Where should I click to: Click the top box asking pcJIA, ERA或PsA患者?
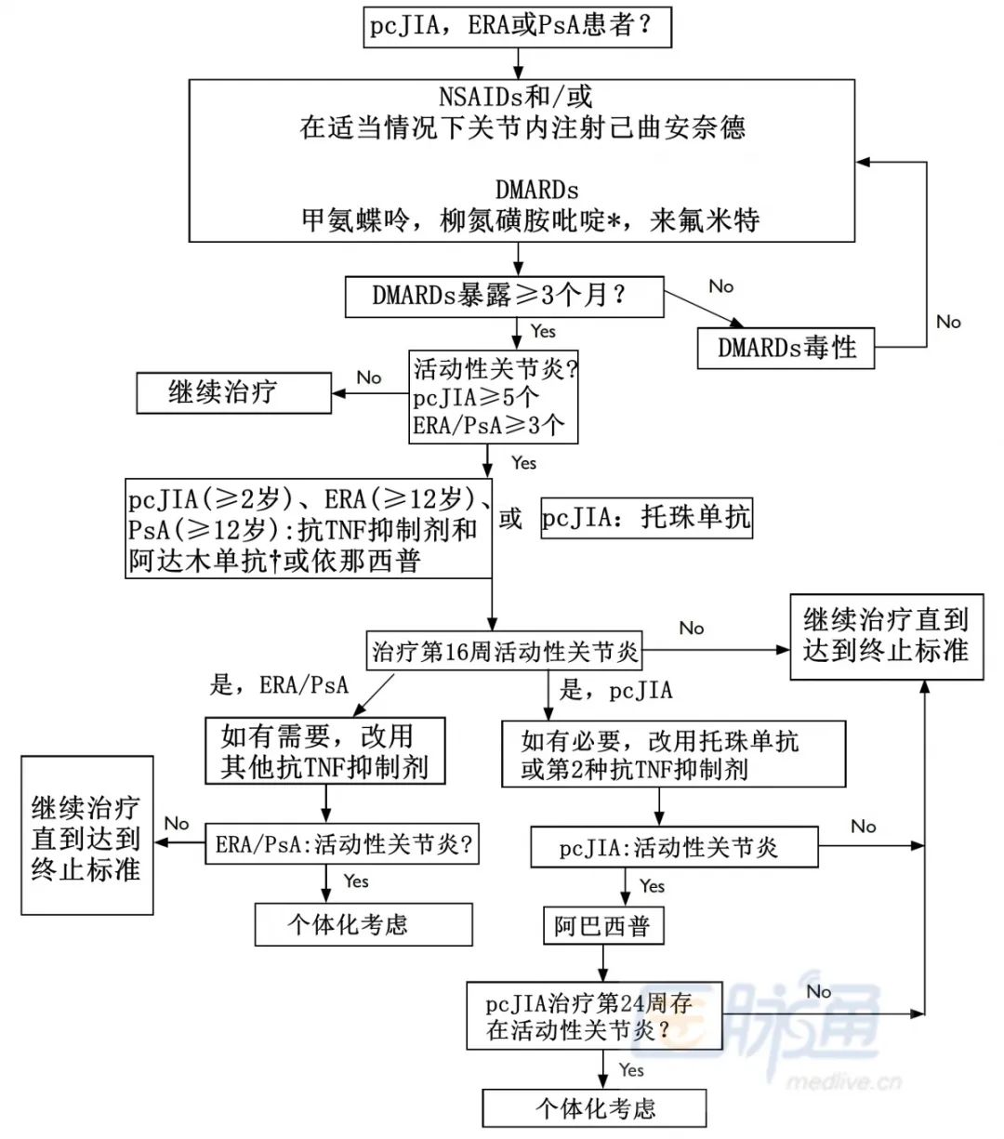517,26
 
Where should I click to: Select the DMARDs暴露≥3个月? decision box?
504,297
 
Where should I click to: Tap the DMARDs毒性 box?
786,348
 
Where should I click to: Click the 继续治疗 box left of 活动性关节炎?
233,392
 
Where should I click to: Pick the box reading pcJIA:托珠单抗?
646,518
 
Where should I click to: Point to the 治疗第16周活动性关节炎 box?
505,652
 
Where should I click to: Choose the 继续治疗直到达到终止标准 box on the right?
886,636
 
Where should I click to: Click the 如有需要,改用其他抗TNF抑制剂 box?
324,751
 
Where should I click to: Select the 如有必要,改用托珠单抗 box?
673,754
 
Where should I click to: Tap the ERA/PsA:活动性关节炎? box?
342,844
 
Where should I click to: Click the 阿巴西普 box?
602,926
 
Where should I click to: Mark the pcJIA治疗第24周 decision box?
594,1016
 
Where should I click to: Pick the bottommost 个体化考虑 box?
594,1108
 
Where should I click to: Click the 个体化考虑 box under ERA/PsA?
363,924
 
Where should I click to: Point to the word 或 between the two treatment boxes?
510,518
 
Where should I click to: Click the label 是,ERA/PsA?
279,685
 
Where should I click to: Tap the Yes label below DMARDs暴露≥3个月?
543,331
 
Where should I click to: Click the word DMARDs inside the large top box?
536,190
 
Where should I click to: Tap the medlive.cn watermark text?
843,1081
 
